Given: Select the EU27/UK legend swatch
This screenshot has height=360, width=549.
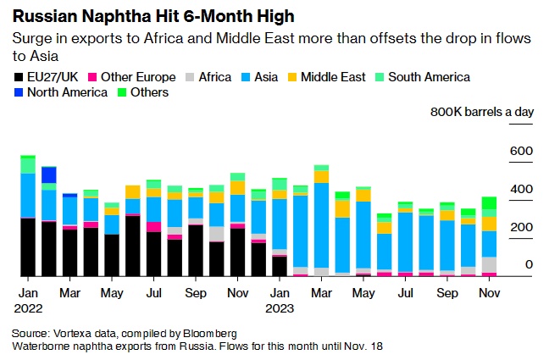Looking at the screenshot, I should point(19,77).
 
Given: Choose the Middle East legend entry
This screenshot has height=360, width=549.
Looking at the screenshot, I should point(326,77).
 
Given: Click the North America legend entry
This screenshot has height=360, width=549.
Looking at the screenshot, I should point(66,92).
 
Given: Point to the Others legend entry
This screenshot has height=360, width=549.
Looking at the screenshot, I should point(148,92).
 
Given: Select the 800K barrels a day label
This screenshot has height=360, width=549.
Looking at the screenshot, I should point(480,112).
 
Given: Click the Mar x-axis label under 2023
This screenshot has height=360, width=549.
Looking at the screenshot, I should point(321,292).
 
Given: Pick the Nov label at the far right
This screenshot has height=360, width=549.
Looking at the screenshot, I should point(488,292).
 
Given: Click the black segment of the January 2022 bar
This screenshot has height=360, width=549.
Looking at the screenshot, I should point(28,246).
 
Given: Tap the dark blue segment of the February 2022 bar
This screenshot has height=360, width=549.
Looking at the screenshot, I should point(48,174).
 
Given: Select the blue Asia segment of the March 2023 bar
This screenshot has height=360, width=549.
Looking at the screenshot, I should point(321,224).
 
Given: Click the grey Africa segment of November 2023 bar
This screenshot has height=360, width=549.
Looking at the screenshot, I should point(489,264).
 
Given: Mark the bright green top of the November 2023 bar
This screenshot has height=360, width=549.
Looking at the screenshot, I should point(489,202).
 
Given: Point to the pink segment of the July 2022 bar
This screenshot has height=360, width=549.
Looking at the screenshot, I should point(153,227).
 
